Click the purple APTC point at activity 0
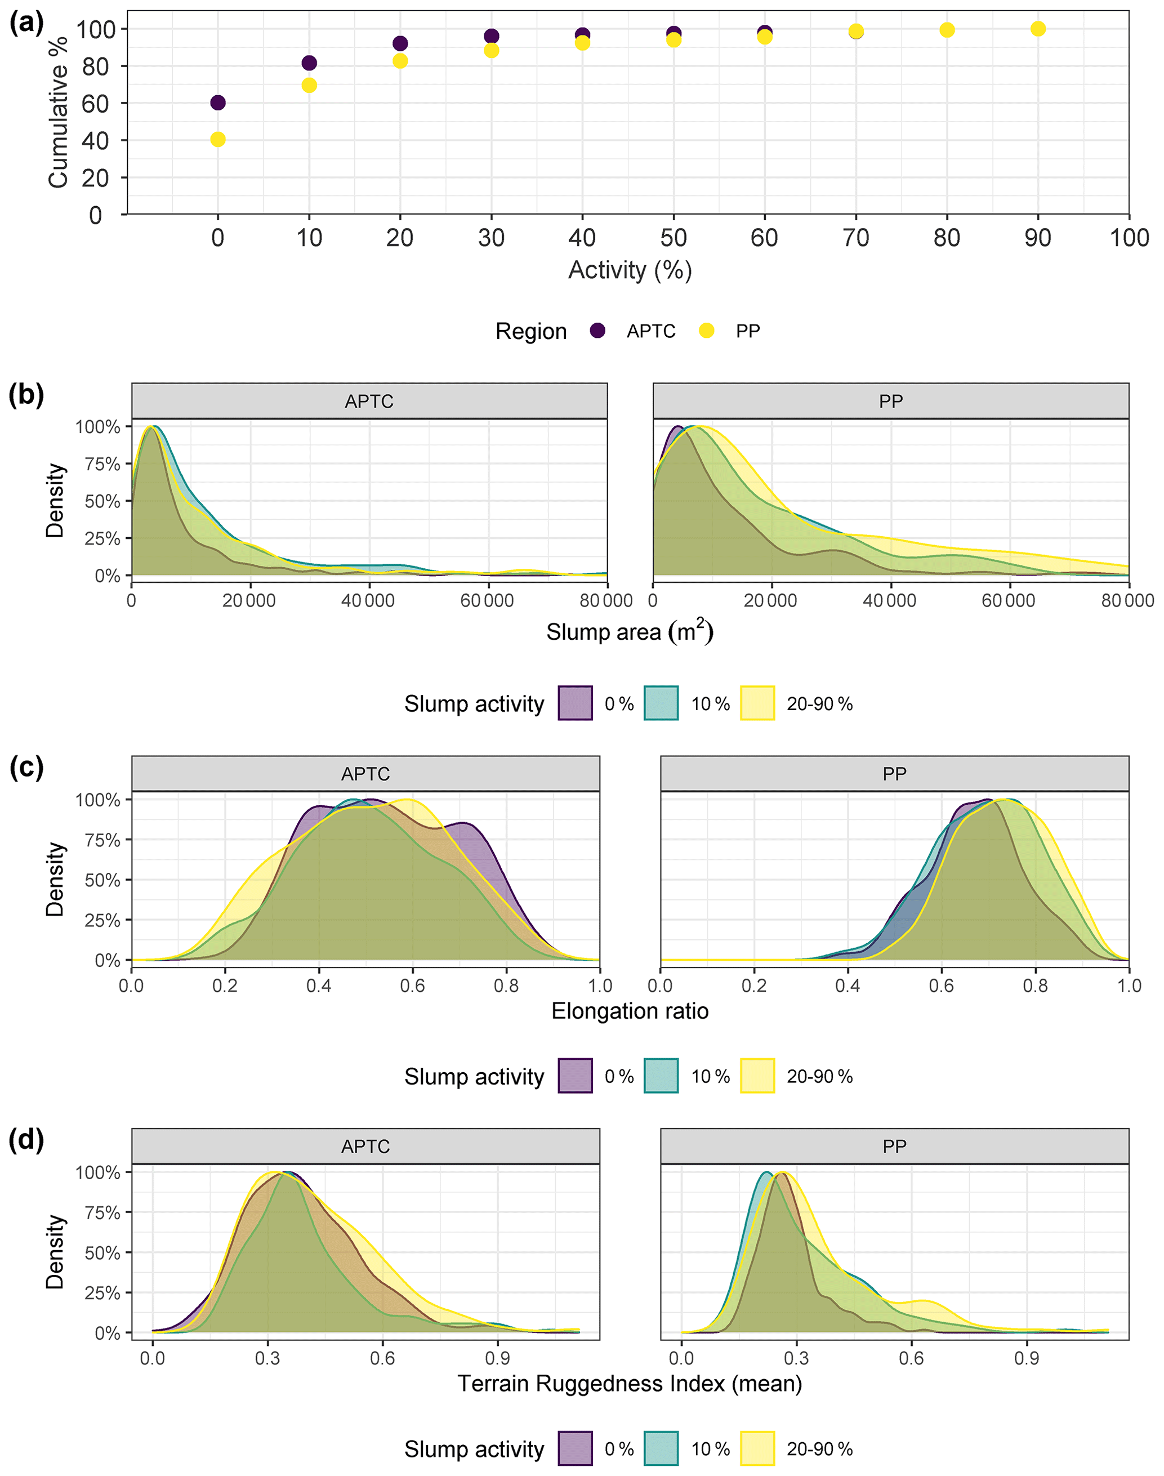[x=218, y=103]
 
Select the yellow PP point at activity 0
[x=218, y=140]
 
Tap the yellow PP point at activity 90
[x=1038, y=29]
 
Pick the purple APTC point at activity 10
[x=309, y=64]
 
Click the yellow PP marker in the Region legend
[x=707, y=331]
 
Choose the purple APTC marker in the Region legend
[x=597, y=331]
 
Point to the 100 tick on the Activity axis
[x=1129, y=238]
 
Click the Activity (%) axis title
[x=630, y=270]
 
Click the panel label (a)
[x=26, y=24]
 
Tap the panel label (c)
[x=26, y=768]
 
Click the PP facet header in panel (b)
[x=891, y=402]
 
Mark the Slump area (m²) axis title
[x=630, y=632]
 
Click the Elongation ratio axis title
[x=630, y=1011]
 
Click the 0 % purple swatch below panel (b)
[x=575, y=703]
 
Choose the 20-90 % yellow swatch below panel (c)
[x=757, y=1076]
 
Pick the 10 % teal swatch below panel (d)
[x=661, y=1449]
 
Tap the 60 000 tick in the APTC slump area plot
[x=487, y=601]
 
